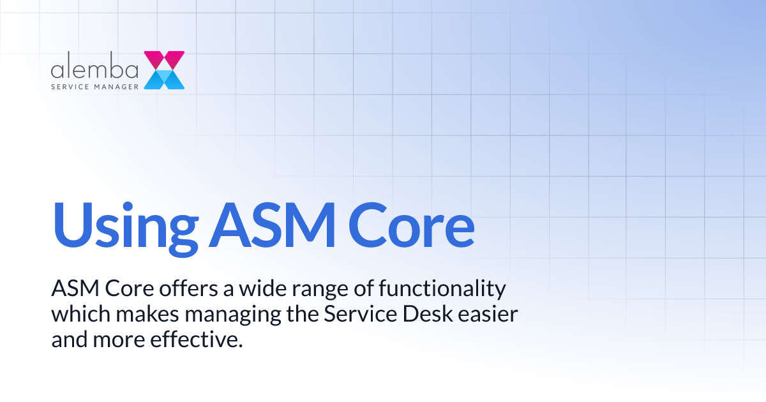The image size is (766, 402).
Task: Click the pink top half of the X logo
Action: [x=165, y=59]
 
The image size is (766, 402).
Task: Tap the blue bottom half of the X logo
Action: [x=165, y=80]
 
